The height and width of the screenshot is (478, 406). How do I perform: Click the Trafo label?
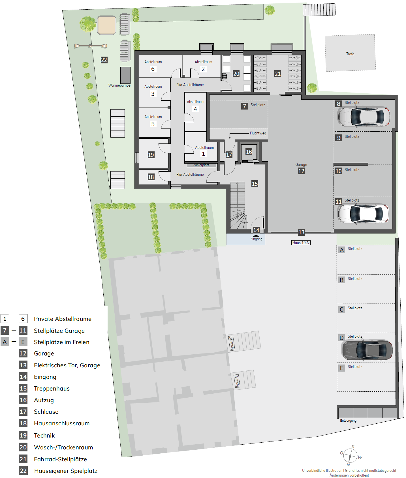pos(350,54)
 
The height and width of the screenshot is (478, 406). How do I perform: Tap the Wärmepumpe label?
pos(119,85)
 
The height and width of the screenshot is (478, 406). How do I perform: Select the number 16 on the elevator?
pos(249,152)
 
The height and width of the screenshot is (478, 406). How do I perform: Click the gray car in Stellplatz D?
pos(367,350)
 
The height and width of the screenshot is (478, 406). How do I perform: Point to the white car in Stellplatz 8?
pos(364,116)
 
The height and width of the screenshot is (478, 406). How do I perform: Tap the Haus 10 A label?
pos(301,243)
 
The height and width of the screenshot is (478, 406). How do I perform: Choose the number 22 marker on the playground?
pos(104,60)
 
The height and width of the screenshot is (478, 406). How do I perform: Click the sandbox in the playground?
pos(106,25)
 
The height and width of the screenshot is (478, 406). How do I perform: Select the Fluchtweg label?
pos(258,133)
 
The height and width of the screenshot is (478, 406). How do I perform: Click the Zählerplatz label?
pos(201,165)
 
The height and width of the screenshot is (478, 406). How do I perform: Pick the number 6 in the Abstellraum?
pos(153,69)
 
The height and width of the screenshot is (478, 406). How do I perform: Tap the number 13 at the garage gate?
pos(302,232)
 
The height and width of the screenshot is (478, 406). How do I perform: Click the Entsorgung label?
pos(348,421)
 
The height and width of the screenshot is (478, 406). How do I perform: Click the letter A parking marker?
pos(342,250)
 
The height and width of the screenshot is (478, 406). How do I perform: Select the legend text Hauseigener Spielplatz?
pos(66,471)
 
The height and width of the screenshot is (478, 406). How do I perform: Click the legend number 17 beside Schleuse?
pos(23,412)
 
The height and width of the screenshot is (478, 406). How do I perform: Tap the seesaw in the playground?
pos(91,46)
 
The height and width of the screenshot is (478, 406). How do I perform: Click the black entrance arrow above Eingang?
pos(256,235)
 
